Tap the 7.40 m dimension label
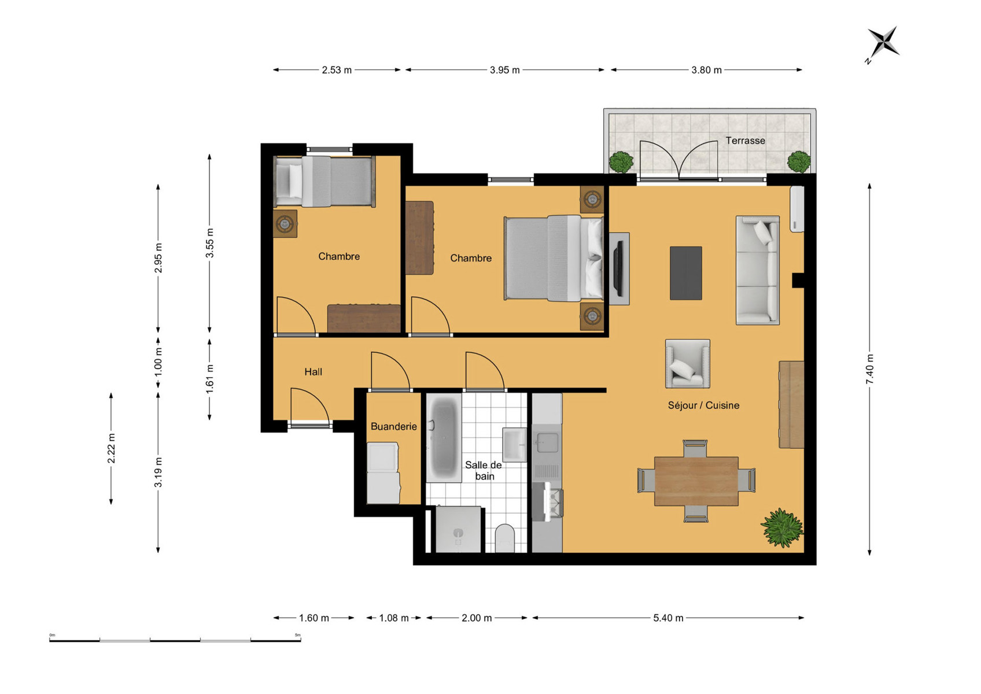pos(870,369)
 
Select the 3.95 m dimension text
pos(504,70)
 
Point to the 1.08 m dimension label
pos(394,618)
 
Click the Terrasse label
pos(745,141)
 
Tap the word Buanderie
pos(394,426)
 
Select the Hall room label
pos(313,372)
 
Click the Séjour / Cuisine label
pos(703,405)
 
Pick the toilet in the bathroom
pos(504,538)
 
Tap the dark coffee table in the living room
pos(686,273)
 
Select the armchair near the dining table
pos(688,363)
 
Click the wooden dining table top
pos(696,481)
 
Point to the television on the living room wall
pos(618,269)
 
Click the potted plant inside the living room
pos(783,527)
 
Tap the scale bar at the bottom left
pos(175,640)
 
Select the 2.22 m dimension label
pos(111,448)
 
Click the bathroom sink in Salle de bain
pos(514,445)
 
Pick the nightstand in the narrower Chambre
pos(285,224)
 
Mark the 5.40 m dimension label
pos(668,618)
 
